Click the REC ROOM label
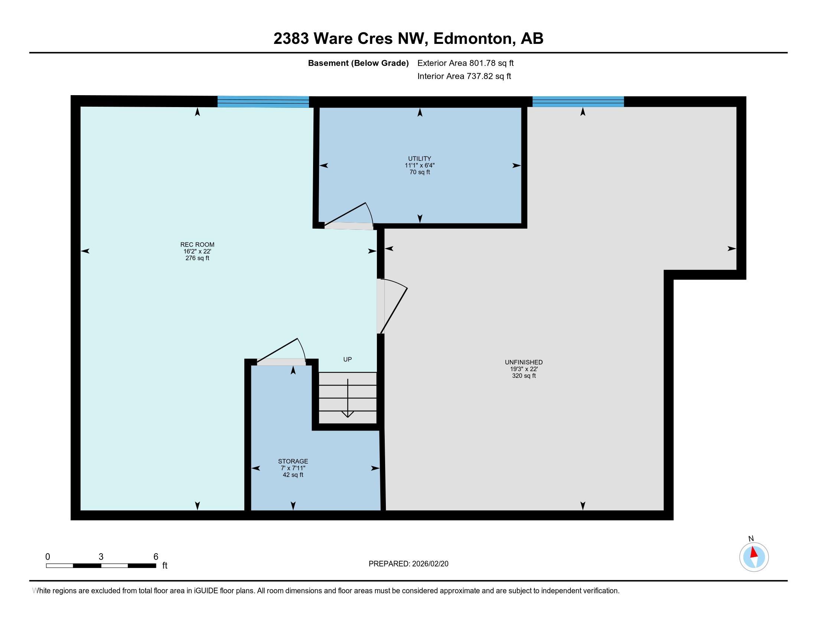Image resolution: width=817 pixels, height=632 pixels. pyautogui.click(x=197, y=245)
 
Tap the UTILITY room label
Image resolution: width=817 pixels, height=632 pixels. pyautogui.click(x=419, y=159)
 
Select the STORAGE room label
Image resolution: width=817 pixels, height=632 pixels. pyautogui.click(x=293, y=461)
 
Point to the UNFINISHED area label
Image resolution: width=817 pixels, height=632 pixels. pyautogui.click(x=523, y=362)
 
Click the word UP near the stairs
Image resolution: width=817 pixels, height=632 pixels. pyautogui.click(x=347, y=359)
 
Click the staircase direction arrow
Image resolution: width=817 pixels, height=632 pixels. pyautogui.click(x=348, y=399)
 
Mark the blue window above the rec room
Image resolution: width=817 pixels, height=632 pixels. pyautogui.click(x=263, y=101)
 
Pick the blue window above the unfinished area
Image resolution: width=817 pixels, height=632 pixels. pyautogui.click(x=578, y=101)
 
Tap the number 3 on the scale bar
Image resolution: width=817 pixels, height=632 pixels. pyautogui.click(x=101, y=557)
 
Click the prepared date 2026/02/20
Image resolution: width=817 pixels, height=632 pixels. pyautogui.click(x=429, y=564)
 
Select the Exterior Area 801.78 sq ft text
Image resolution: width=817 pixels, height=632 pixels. pyautogui.click(x=465, y=63)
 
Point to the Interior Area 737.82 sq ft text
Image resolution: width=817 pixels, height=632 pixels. pyautogui.click(x=464, y=76)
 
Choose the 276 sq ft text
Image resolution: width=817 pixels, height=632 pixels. pyautogui.click(x=197, y=258)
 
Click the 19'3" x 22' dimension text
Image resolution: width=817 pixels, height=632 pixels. pyautogui.click(x=523, y=369)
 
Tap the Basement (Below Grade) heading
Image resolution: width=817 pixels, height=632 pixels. pyautogui.click(x=358, y=63)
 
